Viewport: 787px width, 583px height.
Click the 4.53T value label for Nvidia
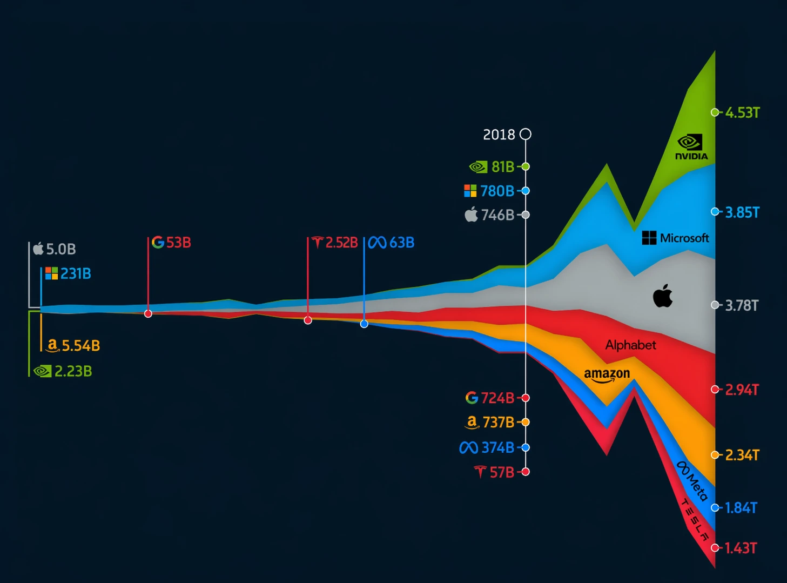pos(742,112)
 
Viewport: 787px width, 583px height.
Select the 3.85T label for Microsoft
pos(742,212)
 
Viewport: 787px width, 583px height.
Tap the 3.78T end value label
pos(742,306)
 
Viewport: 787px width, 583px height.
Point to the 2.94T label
pos(742,390)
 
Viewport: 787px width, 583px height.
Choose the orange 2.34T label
pos(742,455)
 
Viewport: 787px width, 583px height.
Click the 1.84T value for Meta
pos(741,508)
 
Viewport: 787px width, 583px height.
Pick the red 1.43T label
pos(741,548)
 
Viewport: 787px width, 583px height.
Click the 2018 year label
pos(499,135)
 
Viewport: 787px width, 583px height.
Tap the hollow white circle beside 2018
pos(525,134)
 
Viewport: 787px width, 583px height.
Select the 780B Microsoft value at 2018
pos(497,191)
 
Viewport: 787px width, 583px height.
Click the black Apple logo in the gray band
pos(663,296)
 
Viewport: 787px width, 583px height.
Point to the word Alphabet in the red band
pos(630,345)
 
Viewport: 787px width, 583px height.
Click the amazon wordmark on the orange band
pos(607,374)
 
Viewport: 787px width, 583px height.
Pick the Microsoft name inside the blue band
pos(684,238)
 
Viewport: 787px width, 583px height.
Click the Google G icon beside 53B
pos(158,242)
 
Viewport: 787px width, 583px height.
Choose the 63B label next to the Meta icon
pos(402,243)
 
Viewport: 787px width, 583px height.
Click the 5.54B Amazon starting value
pos(80,345)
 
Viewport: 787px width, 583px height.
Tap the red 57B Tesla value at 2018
pos(501,472)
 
